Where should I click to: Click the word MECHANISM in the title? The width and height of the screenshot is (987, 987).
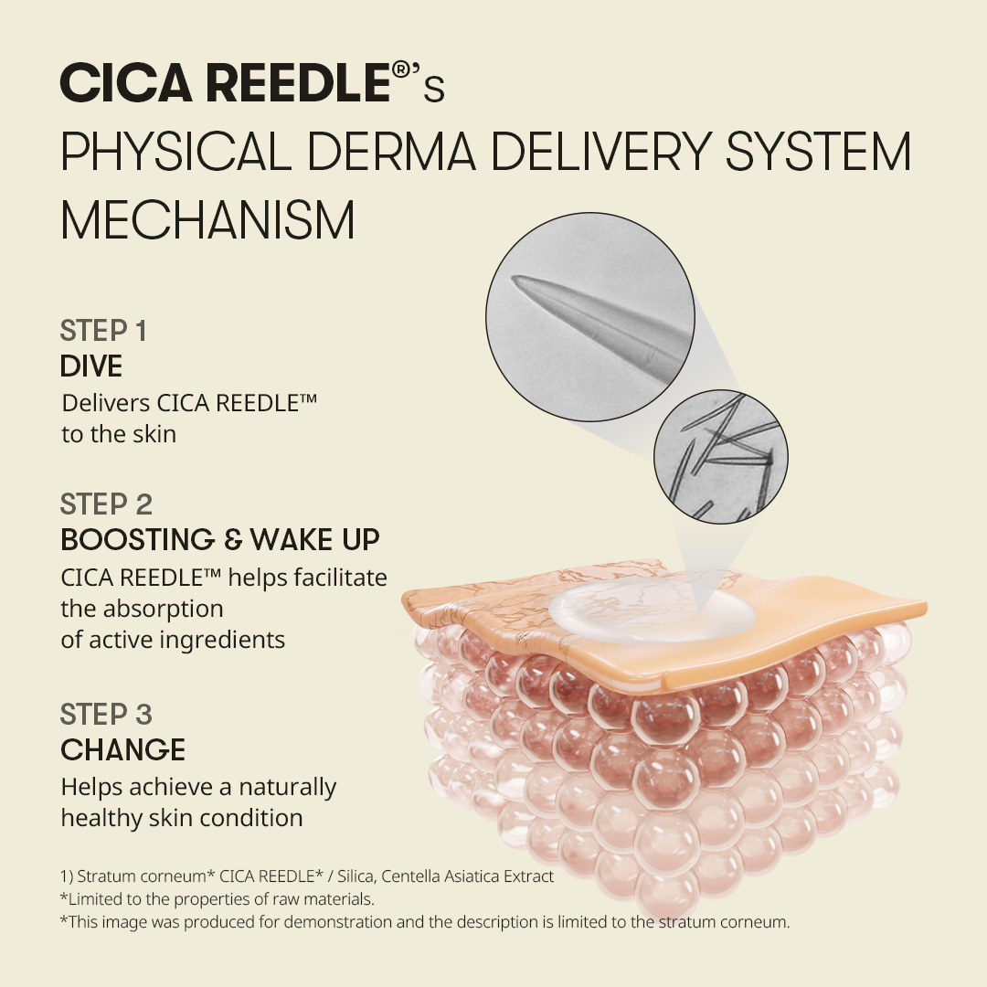click(207, 219)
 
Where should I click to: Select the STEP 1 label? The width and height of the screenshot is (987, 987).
click(103, 331)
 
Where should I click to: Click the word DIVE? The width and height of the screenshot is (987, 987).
click(91, 366)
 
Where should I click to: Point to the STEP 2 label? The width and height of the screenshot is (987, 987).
click(106, 504)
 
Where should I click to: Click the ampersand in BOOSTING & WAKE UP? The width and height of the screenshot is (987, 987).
click(233, 540)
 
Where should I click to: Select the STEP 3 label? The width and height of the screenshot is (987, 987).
click(106, 715)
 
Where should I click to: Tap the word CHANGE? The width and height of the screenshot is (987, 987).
click(122, 749)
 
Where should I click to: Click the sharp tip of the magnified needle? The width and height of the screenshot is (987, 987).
click(515, 278)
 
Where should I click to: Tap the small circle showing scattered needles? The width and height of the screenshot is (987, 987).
click(721, 456)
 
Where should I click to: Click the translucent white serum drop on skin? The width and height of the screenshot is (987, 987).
click(653, 610)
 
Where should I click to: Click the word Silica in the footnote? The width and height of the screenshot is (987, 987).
click(357, 876)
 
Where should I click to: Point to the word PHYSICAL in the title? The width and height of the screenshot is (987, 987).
click(176, 152)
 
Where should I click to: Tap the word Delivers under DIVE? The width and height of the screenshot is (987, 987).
click(106, 404)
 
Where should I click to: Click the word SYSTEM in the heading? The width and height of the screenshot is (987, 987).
click(818, 152)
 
